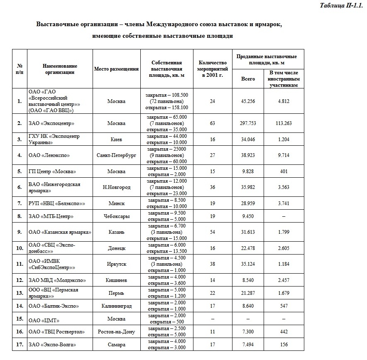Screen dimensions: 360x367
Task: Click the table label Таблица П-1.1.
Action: (x=341, y=5)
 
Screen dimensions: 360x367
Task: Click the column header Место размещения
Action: (x=116, y=69)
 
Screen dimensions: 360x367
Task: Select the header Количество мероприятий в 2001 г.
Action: (x=213, y=69)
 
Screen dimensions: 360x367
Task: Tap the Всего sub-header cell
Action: (x=248, y=79)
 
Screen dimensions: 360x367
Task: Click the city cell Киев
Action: (x=116, y=140)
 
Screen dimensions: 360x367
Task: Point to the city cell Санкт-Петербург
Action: (x=116, y=155)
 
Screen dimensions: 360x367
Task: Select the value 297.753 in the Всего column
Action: (x=248, y=123)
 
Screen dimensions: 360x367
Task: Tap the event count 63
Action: (x=213, y=123)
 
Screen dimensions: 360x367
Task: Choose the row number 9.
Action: (x=20, y=232)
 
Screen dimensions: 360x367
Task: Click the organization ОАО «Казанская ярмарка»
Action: (x=60, y=232)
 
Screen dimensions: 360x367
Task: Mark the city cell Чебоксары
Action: (x=116, y=216)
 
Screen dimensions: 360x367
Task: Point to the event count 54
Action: (x=213, y=232)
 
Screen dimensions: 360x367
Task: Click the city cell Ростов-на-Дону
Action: (x=116, y=332)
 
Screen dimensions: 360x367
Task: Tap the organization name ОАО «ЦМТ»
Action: (x=44, y=319)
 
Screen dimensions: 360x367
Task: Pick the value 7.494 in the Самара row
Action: (x=248, y=344)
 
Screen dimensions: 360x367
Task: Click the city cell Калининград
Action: (x=116, y=306)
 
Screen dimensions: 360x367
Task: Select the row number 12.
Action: (x=20, y=281)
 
